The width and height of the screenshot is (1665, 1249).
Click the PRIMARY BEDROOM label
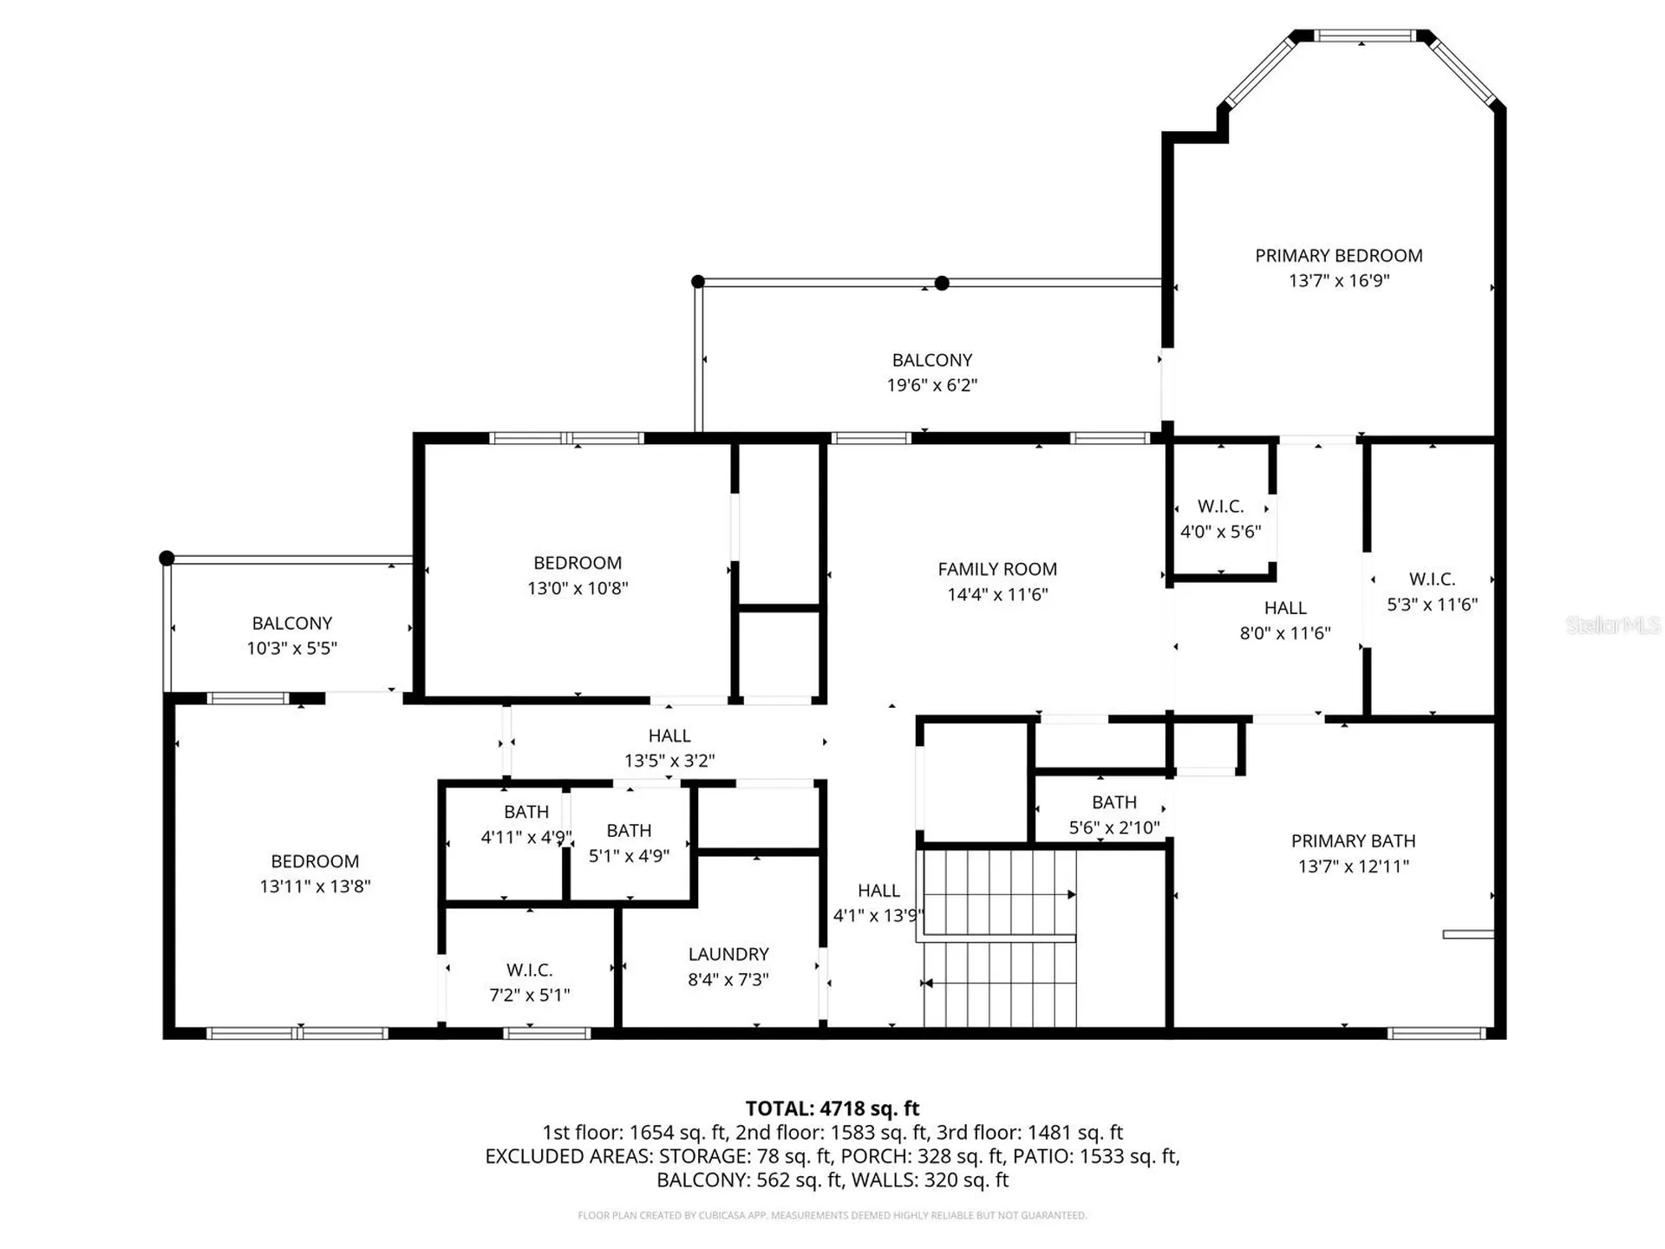(x=1338, y=256)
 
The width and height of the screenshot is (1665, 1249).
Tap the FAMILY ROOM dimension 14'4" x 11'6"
(x=997, y=595)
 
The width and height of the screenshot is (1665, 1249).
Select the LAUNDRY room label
(x=728, y=954)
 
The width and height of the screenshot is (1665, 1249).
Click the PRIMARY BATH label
(x=1353, y=841)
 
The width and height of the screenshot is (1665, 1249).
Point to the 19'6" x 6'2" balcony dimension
(x=931, y=385)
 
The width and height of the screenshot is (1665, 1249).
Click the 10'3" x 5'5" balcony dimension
(x=291, y=649)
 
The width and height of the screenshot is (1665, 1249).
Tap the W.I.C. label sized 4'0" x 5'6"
(x=1220, y=507)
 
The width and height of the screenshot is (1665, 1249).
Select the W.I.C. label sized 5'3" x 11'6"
(x=1432, y=579)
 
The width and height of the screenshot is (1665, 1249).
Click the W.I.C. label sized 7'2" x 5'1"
(x=529, y=970)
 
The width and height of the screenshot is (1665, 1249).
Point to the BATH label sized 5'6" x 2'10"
(x=1114, y=802)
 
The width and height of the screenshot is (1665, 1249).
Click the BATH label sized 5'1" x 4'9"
(x=629, y=831)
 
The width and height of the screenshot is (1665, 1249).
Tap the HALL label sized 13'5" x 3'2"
(x=669, y=736)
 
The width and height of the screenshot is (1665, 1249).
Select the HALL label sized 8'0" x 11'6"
(x=1284, y=608)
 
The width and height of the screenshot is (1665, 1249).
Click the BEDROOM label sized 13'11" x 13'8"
(x=315, y=861)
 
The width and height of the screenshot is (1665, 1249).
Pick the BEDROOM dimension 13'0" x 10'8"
(x=578, y=588)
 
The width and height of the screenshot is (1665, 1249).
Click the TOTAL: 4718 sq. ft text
(x=832, y=1108)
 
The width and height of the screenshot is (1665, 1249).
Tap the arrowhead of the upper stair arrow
(x=1072, y=894)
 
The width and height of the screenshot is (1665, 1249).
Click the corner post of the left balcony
(x=167, y=559)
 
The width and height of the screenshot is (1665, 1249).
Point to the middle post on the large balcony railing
(x=942, y=283)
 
